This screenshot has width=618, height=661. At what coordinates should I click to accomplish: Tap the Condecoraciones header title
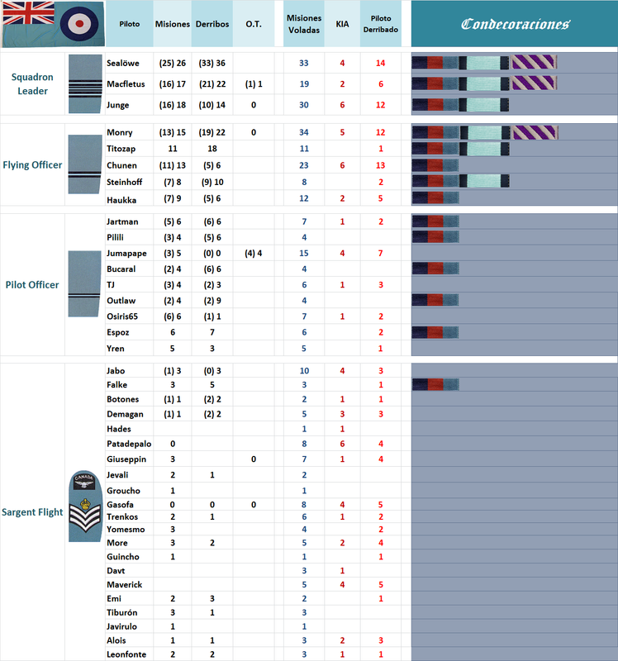(x=515, y=24)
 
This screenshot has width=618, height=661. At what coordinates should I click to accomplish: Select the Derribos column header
(x=212, y=24)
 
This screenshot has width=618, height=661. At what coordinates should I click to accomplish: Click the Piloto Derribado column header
(x=381, y=24)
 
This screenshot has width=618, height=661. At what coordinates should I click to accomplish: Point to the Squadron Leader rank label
(x=33, y=83)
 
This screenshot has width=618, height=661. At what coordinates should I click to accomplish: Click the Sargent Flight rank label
(x=33, y=512)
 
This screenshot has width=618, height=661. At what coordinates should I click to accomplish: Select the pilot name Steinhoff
(x=126, y=181)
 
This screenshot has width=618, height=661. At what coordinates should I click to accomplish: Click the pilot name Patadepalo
(x=131, y=444)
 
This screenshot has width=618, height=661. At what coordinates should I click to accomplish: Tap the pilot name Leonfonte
(x=128, y=654)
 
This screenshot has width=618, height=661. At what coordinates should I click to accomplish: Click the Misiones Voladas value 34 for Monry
(x=304, y=133)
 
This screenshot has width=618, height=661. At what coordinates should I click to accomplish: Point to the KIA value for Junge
(x=342, y=105)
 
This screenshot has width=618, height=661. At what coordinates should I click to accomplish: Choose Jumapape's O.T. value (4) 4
(x=254, y=253)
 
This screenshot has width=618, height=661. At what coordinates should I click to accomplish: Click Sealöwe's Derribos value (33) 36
(x=212, y=63)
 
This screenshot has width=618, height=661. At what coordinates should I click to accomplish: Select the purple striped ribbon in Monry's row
(x=535, y=133)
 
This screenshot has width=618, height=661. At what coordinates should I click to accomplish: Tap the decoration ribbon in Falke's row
(x=435, y=384)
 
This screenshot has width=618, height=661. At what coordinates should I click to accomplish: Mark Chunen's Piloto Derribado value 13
(x=381, y=165)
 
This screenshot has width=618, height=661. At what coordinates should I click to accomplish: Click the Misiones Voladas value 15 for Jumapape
(x=304, y=253)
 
